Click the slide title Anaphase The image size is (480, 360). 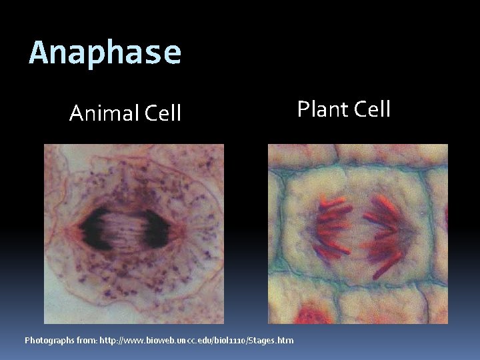tap(105, 53)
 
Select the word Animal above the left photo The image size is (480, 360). tap(102, 113)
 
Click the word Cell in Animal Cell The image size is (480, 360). tap(160, 113)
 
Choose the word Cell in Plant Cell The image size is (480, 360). tap(371, 109)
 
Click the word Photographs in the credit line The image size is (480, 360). tap(51, 341)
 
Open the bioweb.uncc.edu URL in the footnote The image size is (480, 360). tap(196, 341)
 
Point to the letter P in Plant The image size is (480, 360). tap(303, 109)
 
